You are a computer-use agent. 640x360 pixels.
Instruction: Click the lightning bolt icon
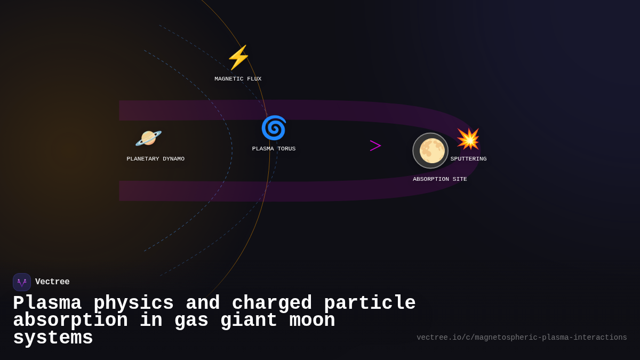[238, 58]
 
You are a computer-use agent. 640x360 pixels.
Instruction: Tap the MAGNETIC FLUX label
[238, 79]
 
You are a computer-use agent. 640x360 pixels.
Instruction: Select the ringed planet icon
[148, 138]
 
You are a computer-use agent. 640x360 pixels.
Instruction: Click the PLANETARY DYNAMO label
[155, 159]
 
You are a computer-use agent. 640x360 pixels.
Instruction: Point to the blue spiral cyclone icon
[274, 128]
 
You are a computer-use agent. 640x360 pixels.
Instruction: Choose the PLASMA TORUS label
[274, 149]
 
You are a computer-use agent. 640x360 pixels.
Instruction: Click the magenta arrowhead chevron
[375, 146]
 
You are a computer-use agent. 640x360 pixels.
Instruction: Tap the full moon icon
[431, 150]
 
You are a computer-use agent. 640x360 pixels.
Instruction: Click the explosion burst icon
[468, 139]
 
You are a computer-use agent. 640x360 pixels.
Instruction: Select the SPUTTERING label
[468, 159]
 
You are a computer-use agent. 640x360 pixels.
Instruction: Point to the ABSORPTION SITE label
[439, 179]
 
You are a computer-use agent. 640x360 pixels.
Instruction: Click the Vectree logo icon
[22, 282]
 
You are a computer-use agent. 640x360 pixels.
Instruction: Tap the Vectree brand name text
[52, 282]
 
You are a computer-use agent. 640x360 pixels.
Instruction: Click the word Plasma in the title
[47, 303]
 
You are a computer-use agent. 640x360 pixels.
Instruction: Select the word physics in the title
[133, 303]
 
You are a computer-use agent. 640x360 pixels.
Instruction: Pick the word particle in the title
[370, 303]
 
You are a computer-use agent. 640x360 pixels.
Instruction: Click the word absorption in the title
[70, 321]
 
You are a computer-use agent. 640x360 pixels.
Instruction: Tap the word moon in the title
[312, 321]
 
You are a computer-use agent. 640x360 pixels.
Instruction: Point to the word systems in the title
[53, 338]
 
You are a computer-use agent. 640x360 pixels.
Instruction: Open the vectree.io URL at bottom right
[522, 338]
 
